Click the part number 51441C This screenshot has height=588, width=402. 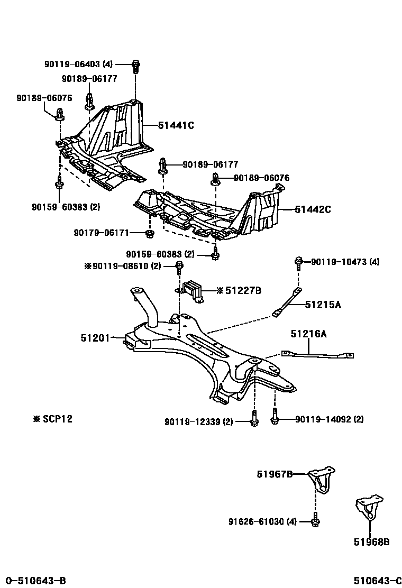pos(176,125)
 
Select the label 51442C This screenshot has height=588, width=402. pos(313,209)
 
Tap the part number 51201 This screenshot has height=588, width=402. pos(95,337)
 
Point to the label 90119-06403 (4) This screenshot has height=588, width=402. pos(79,64)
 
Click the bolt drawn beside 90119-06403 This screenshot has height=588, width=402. pos(135,66)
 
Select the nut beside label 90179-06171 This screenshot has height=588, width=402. pos(150,233)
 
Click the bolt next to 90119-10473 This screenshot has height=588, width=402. pos(299,261)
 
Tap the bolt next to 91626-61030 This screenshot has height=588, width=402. pos(315,521)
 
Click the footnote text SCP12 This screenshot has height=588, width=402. pos(53,419)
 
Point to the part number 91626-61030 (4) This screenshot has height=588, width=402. pos(262,522)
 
